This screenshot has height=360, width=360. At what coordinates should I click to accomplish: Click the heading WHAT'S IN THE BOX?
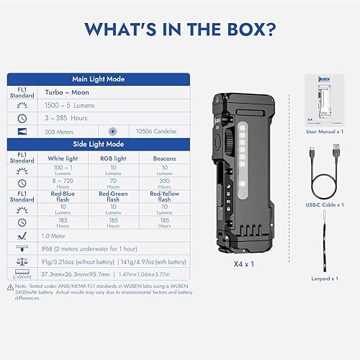coord(180,29)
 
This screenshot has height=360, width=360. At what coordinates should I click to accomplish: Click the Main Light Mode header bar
coord(100,79)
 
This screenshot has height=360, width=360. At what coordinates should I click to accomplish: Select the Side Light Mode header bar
coord(100,144)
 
